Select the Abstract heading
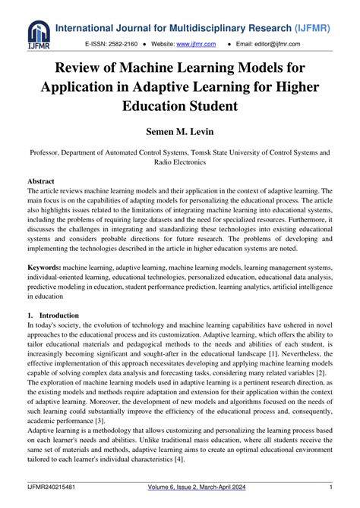(x=41, y=182)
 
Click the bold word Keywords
(x=44, y=268)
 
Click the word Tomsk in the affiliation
(x=210, y=152)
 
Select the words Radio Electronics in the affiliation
(x=180, y=162)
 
